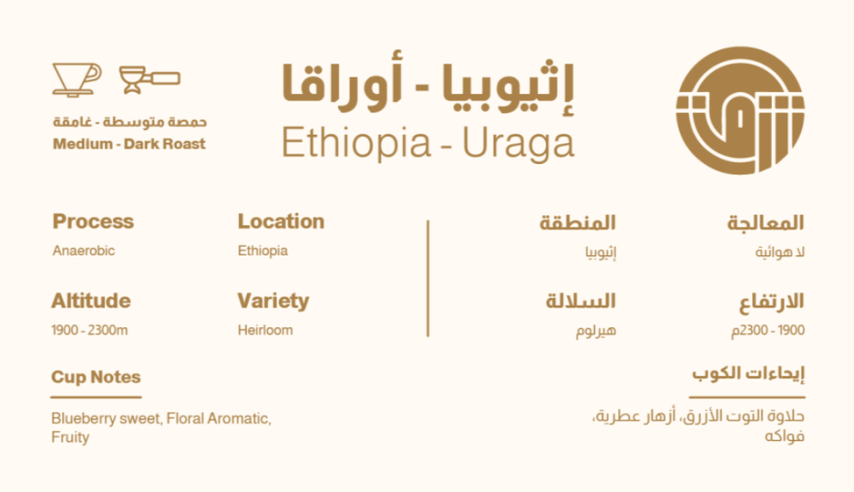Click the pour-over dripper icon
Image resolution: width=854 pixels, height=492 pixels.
pyautogui.click(x=77, y=79)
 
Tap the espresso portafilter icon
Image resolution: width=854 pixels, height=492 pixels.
pyautogui.click(x=149, y=79)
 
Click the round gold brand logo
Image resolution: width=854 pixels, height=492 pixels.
pyautogui.click(x=740, y=110)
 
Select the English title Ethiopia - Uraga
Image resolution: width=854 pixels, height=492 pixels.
pyautogui.click(x=428, y=143)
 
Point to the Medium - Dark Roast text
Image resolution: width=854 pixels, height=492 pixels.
pyautogui.click(x=129, y=143)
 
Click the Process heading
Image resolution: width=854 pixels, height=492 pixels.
pyautogui.click(x=93, y=221)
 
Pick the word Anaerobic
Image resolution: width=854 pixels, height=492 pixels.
pyautogui.click(x=84, y=250)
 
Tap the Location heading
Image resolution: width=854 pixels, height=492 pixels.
pyautogui.click(x=281, y=221)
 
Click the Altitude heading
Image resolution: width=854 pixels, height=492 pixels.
pyautogui.click(x=91, y=301)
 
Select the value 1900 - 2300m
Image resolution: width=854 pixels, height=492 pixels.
pyautogui.click(x=90, y=331)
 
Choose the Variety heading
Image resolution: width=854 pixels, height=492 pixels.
pyautogui.click(x=273, y=302)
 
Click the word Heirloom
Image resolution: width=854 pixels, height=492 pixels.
pyautogui.click(x=266, y=331)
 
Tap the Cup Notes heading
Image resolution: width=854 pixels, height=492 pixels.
pyautogui.click(x=96, y=377)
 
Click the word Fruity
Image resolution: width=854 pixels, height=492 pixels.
pyautogui.click(x=70, y=437)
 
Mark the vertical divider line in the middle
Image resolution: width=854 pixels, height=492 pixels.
pyautogui.click(x=428, y=278)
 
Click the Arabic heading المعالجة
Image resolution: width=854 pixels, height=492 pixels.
pyautogui.click(x=766, y=222)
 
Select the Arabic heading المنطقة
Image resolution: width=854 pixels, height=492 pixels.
pyautogui.click(x=577, y=222)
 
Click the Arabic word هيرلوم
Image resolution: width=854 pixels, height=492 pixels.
pyautogui.click(x=596, y=331)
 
